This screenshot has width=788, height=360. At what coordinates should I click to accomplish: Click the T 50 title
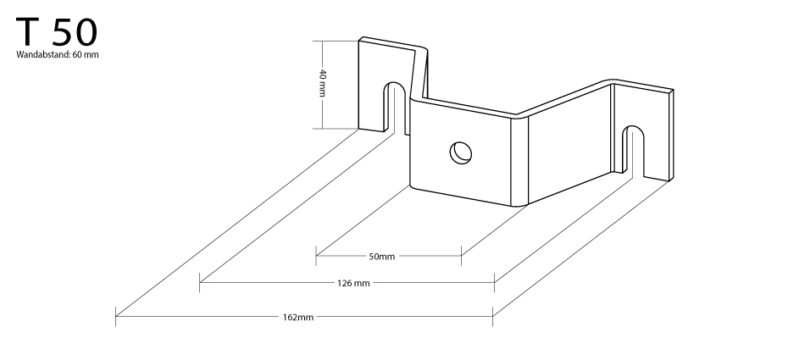56,32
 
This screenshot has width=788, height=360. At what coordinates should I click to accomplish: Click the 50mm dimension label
382,257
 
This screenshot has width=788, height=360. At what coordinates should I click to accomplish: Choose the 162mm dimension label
297,318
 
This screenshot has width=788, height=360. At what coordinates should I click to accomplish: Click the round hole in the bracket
460,152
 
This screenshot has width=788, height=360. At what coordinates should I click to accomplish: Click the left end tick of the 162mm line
116,316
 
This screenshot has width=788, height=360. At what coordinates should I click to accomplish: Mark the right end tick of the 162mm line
492,316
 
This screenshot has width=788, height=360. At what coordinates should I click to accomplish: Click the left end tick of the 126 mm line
199,282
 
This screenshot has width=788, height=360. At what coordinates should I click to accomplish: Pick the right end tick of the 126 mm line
495,282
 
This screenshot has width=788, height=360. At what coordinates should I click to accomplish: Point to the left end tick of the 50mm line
316,256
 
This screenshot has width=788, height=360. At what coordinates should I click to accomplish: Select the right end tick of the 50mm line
461,256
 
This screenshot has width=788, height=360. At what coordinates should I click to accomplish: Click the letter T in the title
28,32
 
